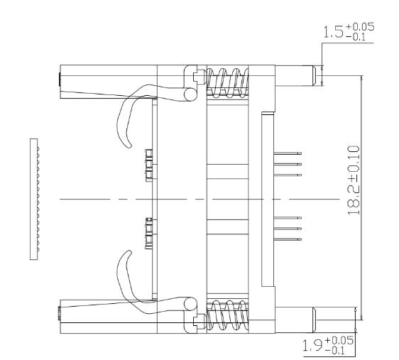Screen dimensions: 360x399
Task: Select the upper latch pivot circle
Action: point(190,94)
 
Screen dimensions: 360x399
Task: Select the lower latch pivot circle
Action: point(190,304)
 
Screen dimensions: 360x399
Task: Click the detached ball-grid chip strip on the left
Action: point(34,198)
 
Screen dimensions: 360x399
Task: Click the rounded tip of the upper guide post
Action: point(315,75)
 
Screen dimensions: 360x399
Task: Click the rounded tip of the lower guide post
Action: point(315,317)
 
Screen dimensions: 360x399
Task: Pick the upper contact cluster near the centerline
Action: point(148,165)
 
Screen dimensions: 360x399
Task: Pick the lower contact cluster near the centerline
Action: point(148,234)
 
